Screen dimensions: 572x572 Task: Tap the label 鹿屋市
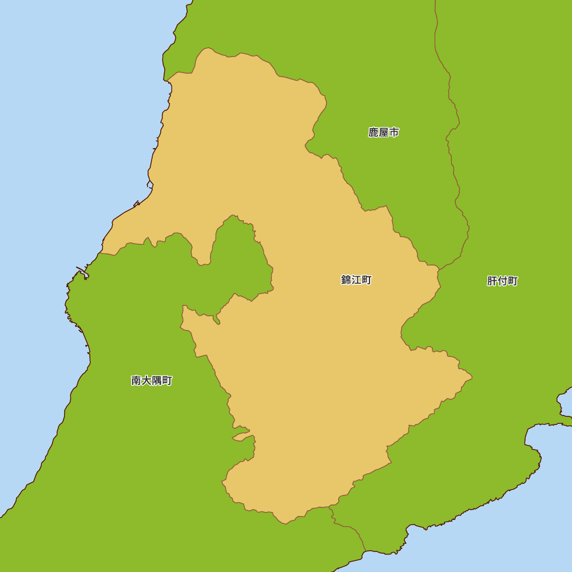coord(383,133)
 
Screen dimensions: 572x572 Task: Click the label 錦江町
coord(356,280)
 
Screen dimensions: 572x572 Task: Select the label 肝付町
coord(502,281)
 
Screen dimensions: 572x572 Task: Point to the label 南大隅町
coord(152,381)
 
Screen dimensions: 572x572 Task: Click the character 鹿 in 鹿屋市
coord(374,133)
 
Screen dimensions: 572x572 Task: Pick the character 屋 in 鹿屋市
coord(383,133)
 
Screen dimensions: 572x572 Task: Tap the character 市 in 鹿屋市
coord(394,133)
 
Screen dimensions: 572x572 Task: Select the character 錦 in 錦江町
coord(346,280)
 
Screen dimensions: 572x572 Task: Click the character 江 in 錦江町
coord(356,280)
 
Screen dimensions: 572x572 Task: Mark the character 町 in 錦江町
coord(367,280)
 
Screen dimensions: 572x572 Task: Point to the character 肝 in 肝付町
coord(492,281)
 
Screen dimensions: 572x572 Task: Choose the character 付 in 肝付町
coord(502,281)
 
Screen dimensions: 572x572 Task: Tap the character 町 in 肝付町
coord(513,281)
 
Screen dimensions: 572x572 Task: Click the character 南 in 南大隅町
coord(136,381)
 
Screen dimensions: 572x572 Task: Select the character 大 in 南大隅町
coord(146,381)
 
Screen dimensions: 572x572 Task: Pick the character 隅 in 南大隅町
coord(157,381)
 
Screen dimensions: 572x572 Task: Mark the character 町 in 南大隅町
coord(167,381)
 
